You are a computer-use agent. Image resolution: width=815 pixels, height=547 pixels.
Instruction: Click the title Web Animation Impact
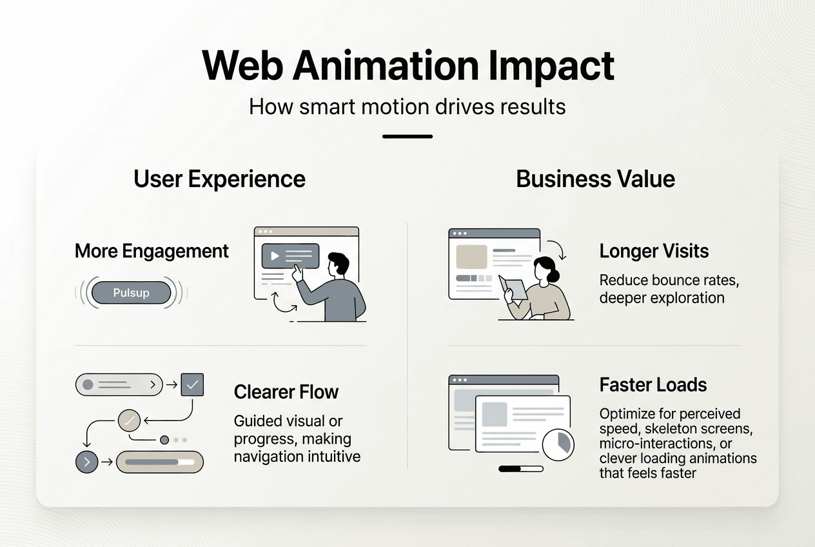(x=407, y=65)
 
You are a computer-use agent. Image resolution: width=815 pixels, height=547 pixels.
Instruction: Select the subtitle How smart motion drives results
(x=407, y=106)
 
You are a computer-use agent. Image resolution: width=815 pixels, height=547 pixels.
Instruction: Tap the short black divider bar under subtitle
(x=407, y=136)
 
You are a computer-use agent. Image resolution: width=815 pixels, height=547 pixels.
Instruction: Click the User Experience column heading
(x=219, y=179)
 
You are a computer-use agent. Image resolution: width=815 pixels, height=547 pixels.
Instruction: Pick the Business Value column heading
(x=595, y=179)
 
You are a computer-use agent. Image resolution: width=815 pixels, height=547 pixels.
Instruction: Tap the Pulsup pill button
(x=131, y=293)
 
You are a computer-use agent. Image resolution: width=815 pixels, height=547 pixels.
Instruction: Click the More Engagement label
(x=152, y=251)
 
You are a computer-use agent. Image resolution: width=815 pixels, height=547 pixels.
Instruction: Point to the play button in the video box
(x=275, y=256)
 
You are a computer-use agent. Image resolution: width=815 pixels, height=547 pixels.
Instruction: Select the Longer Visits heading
(x=654, y=251)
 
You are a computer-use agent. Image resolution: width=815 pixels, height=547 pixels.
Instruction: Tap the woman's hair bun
(x=544, y=261)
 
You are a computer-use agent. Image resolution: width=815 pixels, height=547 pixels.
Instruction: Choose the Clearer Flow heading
(x=286, y=392)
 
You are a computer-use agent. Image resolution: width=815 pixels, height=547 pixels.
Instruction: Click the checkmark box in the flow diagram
(x=192, y=385)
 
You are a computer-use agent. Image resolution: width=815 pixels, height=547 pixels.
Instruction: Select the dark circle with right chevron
(x=87, y=462)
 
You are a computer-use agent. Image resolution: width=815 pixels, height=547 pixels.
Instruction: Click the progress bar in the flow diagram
(x=159, y=462)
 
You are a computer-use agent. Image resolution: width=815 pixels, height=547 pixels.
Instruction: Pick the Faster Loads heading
(x=653, y=385)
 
